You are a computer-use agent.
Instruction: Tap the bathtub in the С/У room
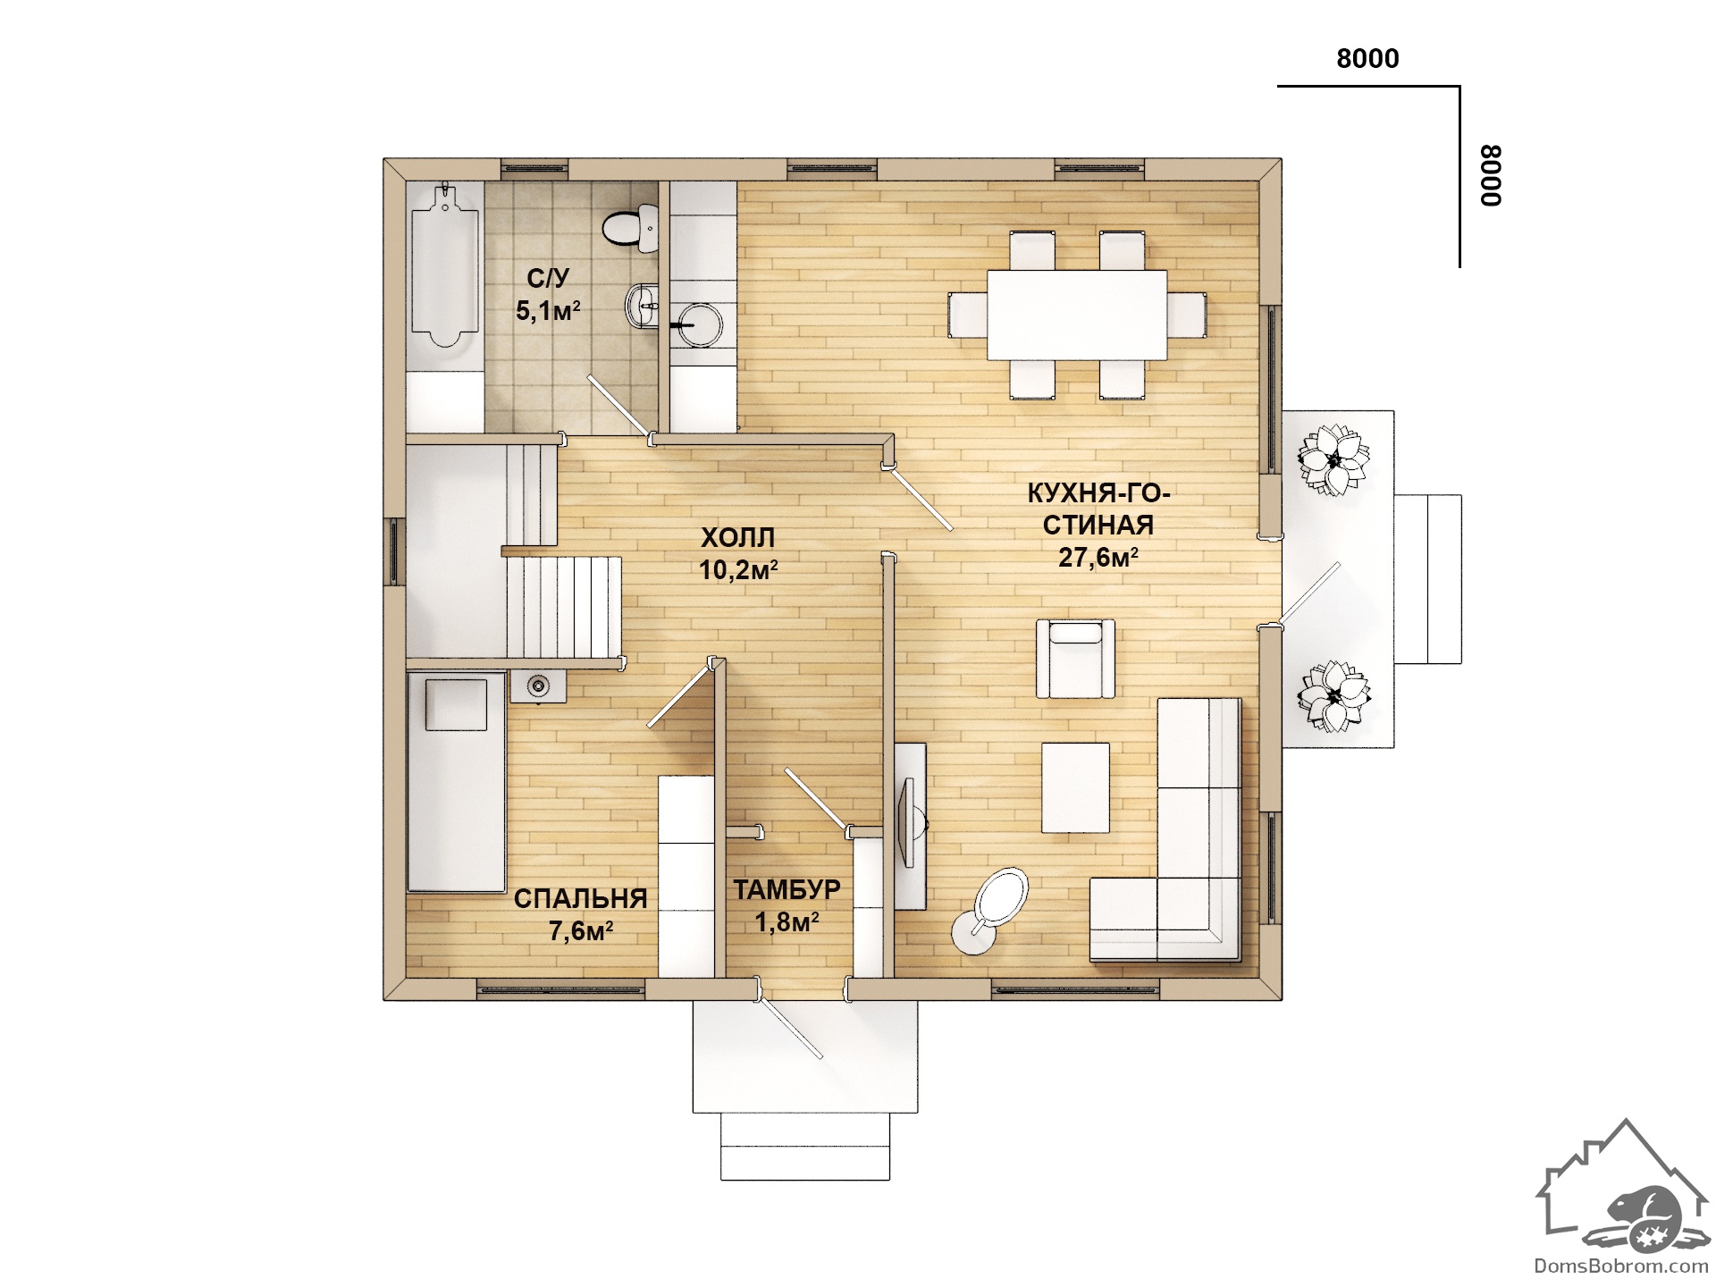click(x=445, y=265)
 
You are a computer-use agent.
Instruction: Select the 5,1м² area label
click(x=548, y=311)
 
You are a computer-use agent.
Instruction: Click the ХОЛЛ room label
click(x=737, y=538)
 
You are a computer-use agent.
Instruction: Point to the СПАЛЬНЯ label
click(x=580, y=898)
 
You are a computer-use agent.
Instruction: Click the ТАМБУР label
click(x=787, y=889)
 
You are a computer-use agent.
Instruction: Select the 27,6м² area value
click(x=1098, y=558)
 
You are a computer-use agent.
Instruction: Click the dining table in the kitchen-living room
click(x=1077, y=315)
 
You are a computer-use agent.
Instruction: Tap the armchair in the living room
click(x=1076, y=658)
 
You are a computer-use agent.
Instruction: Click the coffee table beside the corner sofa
click(x=1076, y=787)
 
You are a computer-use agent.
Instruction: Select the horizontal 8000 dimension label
click(x=1367, y=59)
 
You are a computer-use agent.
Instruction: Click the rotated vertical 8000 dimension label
click(x=1491, y=176)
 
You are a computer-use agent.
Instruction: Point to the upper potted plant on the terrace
click(x=1333, y=459)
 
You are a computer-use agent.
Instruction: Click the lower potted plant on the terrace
click(x=1333, y=696)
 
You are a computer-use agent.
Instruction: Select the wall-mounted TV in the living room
click(x=910, y=821)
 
